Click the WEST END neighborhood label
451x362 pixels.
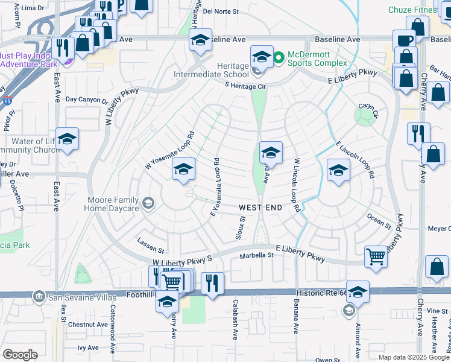pos(260,208)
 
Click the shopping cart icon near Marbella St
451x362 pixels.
pos(376,256)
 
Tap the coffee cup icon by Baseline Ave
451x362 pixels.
pos(404,40)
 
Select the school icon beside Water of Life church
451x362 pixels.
pos(68,139)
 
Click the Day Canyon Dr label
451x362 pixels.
pos(86,100)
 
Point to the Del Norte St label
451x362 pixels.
pos(221,11)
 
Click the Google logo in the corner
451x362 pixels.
pos(20,354)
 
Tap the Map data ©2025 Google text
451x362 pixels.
pos(412,357)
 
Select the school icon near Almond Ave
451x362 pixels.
pos(358,292)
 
